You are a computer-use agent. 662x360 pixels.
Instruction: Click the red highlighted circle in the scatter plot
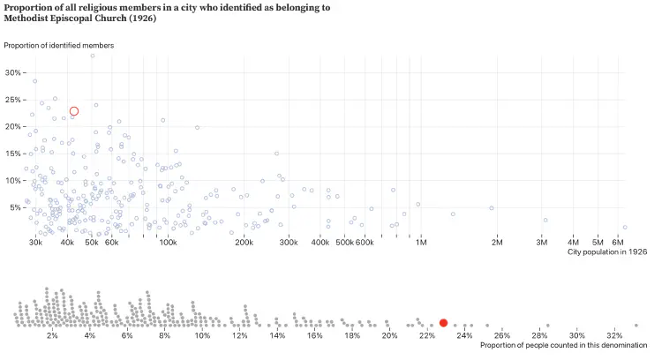pyautogui.click(x=74, y=111)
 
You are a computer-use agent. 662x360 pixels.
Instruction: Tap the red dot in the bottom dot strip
pyautogui.click(x=444, y=323)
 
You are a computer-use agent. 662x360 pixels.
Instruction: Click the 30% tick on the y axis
pyautogui.click(x=13, y=72)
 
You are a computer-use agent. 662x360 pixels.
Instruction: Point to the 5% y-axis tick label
pyautogui.click(x=15, y=207)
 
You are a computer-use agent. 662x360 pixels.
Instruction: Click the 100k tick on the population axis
pyautogui.click(x=168, y=242)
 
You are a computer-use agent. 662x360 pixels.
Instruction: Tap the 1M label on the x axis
pyautogui.click(x=421, y=242)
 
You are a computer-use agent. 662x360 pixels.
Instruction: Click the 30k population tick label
pyautogui.click(x=36, y=242)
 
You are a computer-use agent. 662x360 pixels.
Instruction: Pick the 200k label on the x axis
pyautogui.click(x=244, y=242)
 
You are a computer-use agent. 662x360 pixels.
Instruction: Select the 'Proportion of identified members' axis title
pyautogui.click(x=59, y=45)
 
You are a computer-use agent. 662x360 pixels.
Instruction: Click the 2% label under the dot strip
pyautogui.click(x=52, y=335)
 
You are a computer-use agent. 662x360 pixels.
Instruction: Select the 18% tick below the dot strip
pyautogui.click(x=352, y=335)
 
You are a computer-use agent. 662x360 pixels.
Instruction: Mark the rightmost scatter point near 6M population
pyautogui.click(x=624, y=227)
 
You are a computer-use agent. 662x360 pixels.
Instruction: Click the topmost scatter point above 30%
pyautogui.click(x=92, y=56)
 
